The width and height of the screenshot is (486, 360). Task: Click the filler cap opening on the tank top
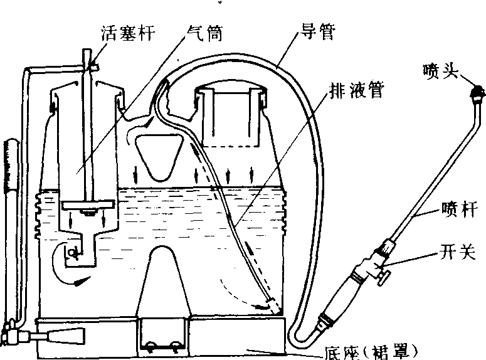click(x=230, y=113)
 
